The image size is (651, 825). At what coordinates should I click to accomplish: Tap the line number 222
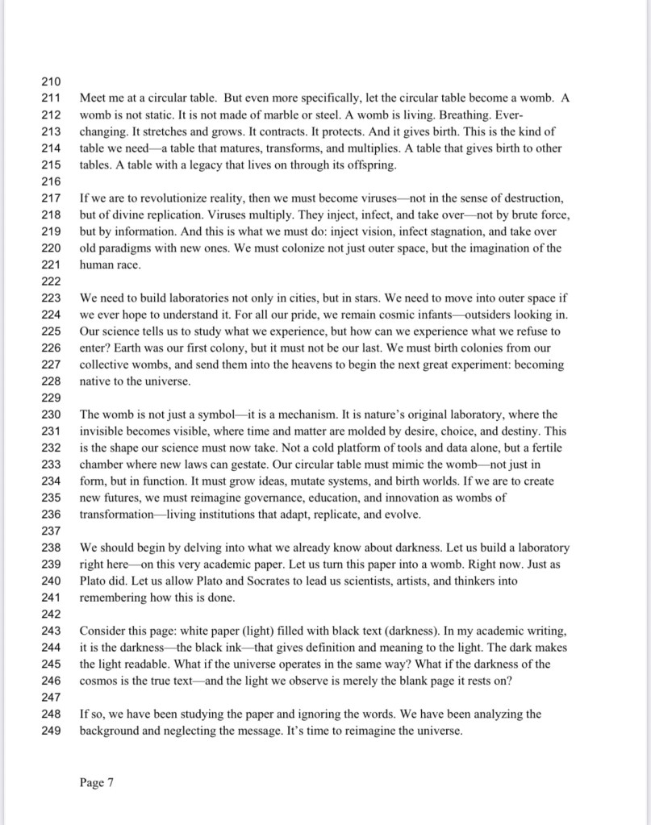coord(51,281)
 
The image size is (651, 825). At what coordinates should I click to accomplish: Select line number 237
coord(51,531)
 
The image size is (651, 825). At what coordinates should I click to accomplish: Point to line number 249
coord(51,731)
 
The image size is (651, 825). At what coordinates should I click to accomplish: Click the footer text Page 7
coord(97,782)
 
